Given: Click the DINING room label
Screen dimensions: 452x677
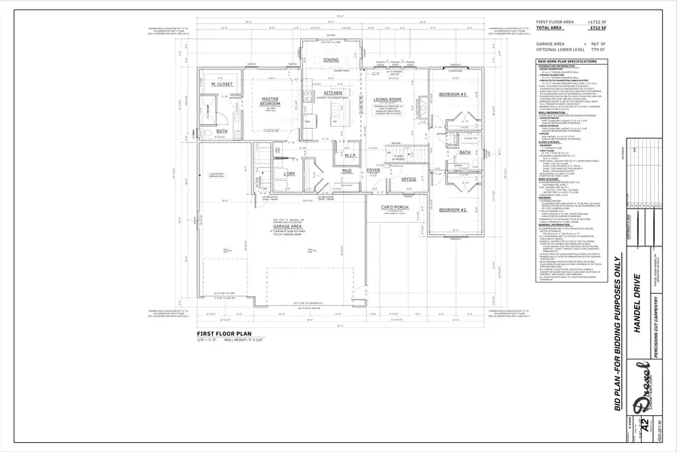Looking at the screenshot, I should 331,60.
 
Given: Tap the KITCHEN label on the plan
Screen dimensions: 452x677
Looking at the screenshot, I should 312,93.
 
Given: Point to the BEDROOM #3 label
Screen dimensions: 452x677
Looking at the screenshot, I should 453,94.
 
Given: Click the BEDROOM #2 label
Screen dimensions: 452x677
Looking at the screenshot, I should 454,188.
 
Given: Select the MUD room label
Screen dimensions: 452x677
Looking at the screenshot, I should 347,170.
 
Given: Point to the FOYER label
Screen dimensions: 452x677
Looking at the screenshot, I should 374,170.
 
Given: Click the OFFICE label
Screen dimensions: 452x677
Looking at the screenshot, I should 408,179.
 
